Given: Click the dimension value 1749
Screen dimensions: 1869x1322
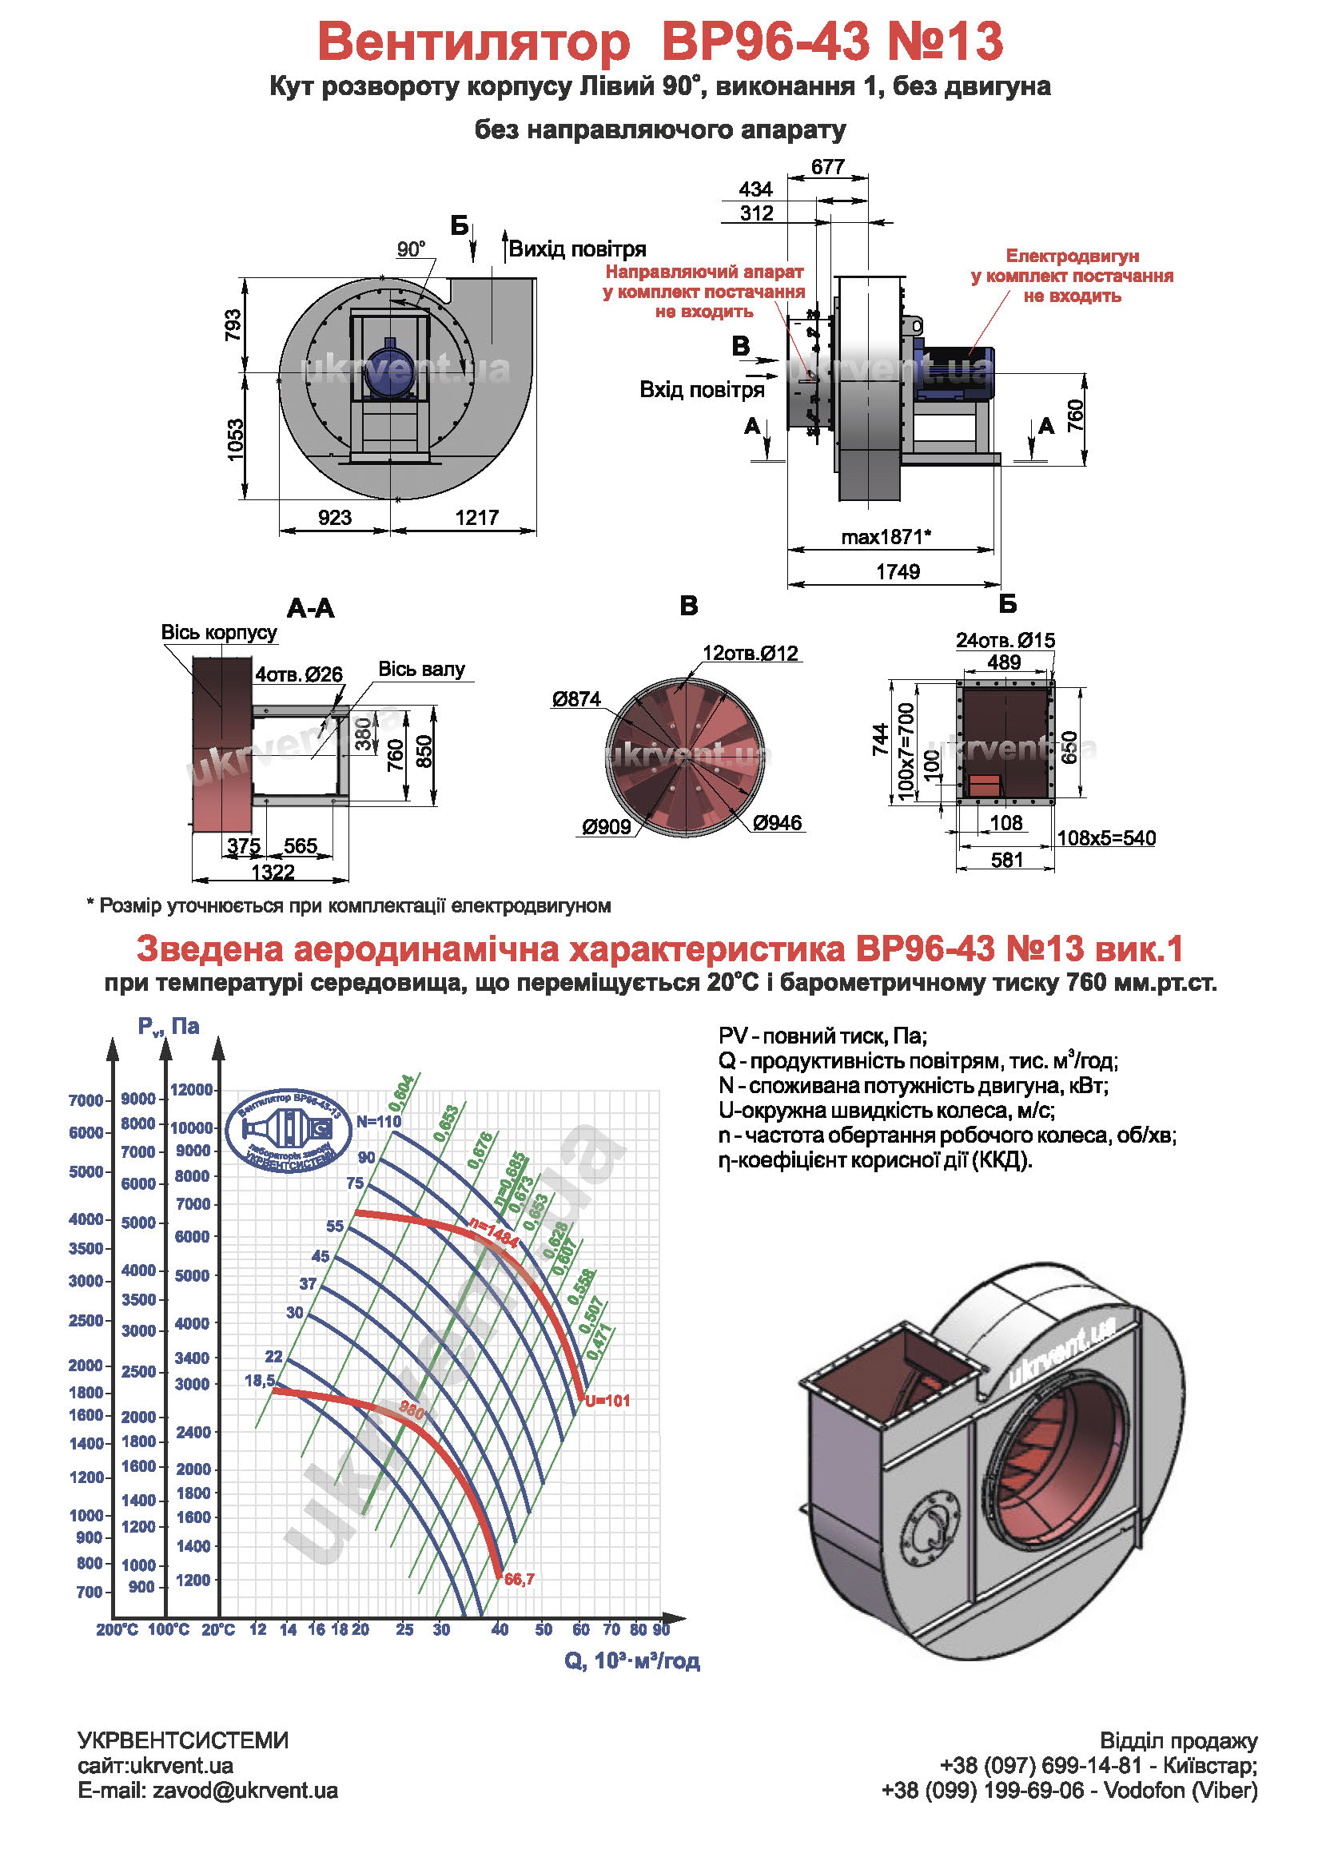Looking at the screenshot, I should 897,572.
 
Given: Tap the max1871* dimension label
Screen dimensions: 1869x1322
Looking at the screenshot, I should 886,537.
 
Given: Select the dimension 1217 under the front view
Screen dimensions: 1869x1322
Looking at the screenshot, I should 476,518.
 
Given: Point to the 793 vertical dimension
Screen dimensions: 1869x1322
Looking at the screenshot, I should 233,325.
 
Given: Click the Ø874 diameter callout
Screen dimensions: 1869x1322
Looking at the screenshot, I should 575,699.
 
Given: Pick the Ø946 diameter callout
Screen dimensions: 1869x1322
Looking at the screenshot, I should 778,823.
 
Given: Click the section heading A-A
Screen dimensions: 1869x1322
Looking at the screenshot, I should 310,608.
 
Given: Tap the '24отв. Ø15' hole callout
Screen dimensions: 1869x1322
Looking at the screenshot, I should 1005,641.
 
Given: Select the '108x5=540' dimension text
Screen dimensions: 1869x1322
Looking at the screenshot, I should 1105,838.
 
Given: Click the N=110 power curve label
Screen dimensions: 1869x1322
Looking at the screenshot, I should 379,1122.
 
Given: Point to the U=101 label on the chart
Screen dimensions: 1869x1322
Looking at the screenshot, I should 607,1401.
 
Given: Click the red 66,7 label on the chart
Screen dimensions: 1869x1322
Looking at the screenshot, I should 520,1580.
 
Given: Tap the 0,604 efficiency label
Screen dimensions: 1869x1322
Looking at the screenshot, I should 401,1092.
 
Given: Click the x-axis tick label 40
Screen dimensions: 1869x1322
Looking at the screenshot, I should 499,1629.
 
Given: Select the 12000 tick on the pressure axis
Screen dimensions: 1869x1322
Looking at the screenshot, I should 191,1090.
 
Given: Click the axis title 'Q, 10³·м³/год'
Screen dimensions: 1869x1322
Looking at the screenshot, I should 631,1660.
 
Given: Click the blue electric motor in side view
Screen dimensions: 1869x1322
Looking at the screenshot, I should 953,373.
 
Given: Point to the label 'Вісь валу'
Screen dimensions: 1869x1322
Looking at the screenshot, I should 421,669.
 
